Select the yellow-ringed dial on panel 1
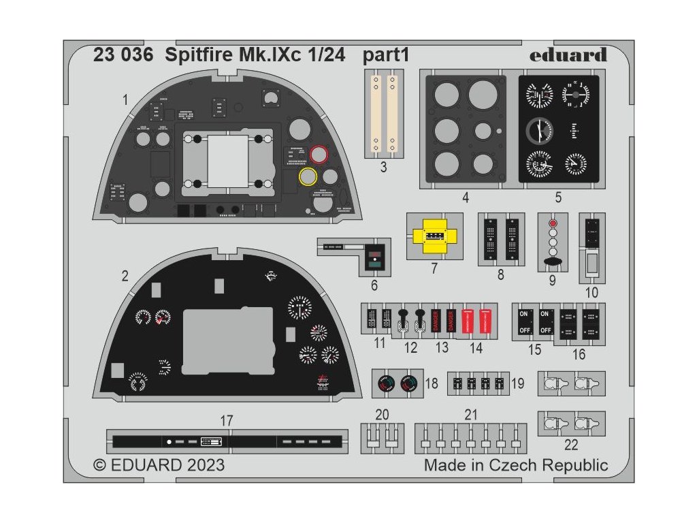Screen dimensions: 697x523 click(308, 177)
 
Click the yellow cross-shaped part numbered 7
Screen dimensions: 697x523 click(434, 236)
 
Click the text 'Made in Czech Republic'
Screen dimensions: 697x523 click(516, 466)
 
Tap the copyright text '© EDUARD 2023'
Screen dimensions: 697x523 click(159, 466)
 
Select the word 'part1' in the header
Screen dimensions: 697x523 click(386, 56)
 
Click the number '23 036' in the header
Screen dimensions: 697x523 click(123, 56)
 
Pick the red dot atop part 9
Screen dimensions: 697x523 click(552, 223)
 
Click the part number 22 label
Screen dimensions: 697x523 click(571, 445)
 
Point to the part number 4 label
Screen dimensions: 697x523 click(465, 198)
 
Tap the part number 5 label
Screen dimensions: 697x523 click(557, 198)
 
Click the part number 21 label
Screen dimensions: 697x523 click(471, 415)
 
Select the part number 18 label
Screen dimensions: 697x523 click(432, 384)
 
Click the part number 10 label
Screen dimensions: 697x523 click(591, 293)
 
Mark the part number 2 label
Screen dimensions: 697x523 click(125, 276)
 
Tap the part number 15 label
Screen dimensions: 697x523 click(535, 350)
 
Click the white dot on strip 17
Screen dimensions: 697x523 click(169, 441)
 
